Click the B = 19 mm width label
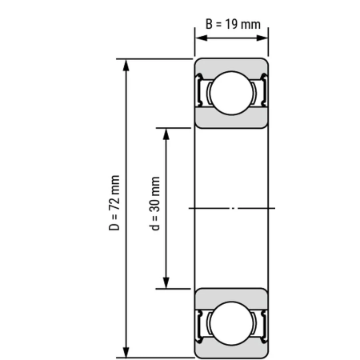tap(232, 24)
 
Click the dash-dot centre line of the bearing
tap(232, 208)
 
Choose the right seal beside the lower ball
tap(262, 323)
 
